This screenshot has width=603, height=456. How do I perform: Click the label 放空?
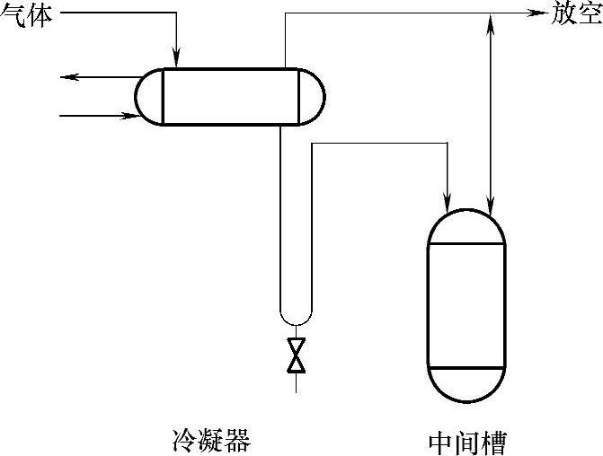click(x=576, y=14)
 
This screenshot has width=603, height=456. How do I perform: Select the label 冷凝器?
click(x=210, y=441)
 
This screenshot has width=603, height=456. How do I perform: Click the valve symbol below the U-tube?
click(x=296, y=355)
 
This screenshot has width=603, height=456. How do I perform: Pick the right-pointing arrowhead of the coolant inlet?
click(x=126, y=115)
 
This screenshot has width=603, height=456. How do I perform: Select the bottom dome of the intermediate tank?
click(x=466, y=384)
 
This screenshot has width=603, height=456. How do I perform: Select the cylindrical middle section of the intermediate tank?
click(x=466, y=305)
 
